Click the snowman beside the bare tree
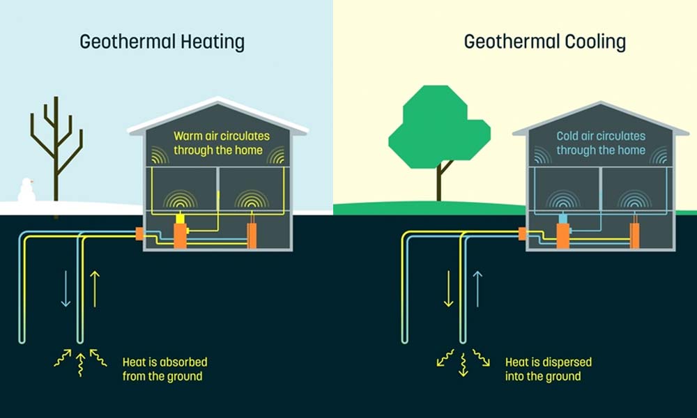(26, 190)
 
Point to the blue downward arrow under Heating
(66, 288)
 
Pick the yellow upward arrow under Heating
(95, 288)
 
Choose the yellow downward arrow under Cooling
(448, 288)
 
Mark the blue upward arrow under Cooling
(477, 288)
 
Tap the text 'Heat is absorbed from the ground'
(164, 369)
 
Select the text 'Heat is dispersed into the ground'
(548, 369)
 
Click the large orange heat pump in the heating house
(180, 234)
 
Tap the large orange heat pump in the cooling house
(562, 234)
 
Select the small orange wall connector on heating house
(139, 234)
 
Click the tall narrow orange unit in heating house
(252, 235)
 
